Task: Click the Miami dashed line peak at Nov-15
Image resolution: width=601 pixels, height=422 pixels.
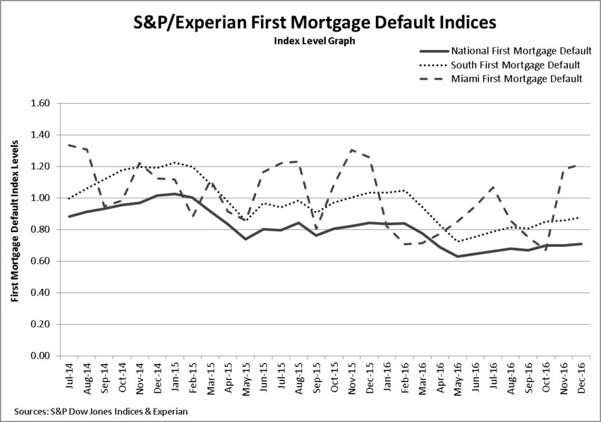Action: pyautogui.click(x=351, y=150)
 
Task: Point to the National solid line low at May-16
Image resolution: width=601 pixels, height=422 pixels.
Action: pyautogui.click(x=458, y=256)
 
